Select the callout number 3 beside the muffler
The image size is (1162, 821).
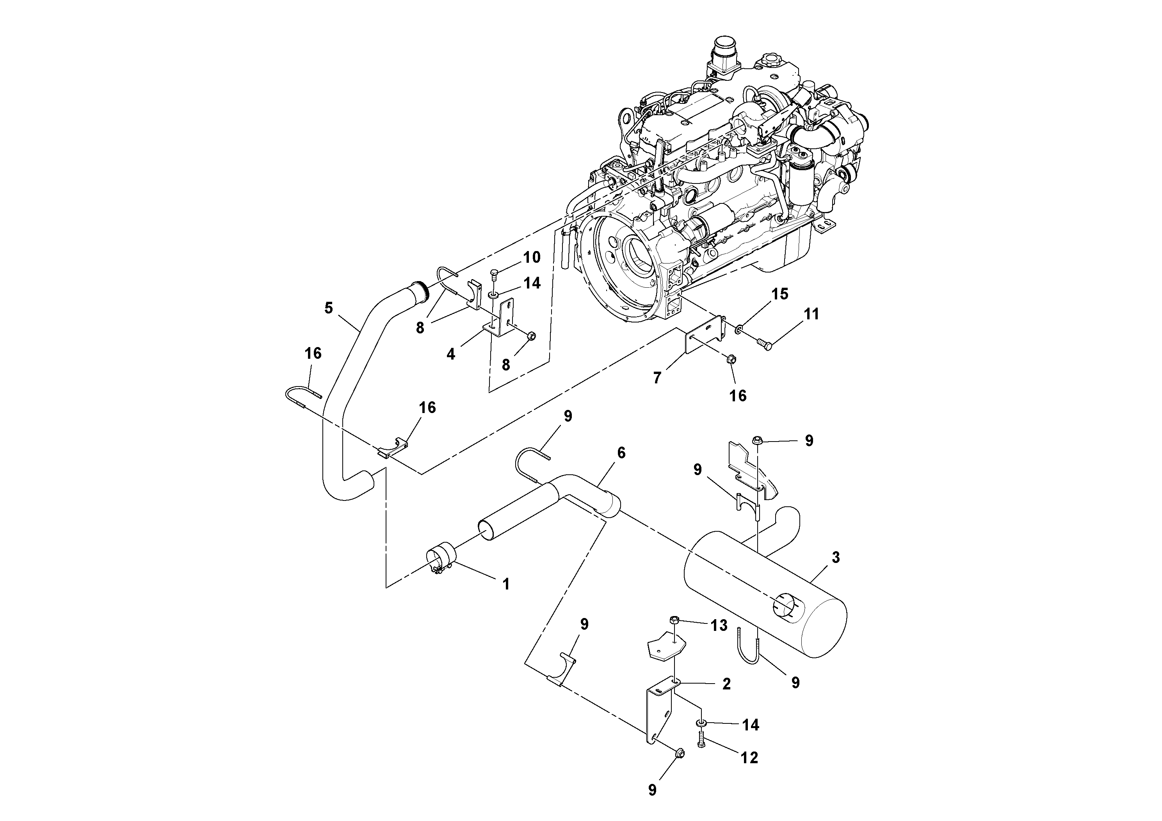point(836,558)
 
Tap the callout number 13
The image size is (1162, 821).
point(719,626)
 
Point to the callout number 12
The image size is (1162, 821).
point(749,758)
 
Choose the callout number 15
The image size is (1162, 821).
point(780,294)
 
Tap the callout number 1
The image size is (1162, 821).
point(505,585)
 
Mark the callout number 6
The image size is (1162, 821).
point(621,453)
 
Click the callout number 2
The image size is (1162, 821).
point(726,684)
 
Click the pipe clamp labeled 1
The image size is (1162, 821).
point(440,561)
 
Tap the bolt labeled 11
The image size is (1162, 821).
point(764,345)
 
